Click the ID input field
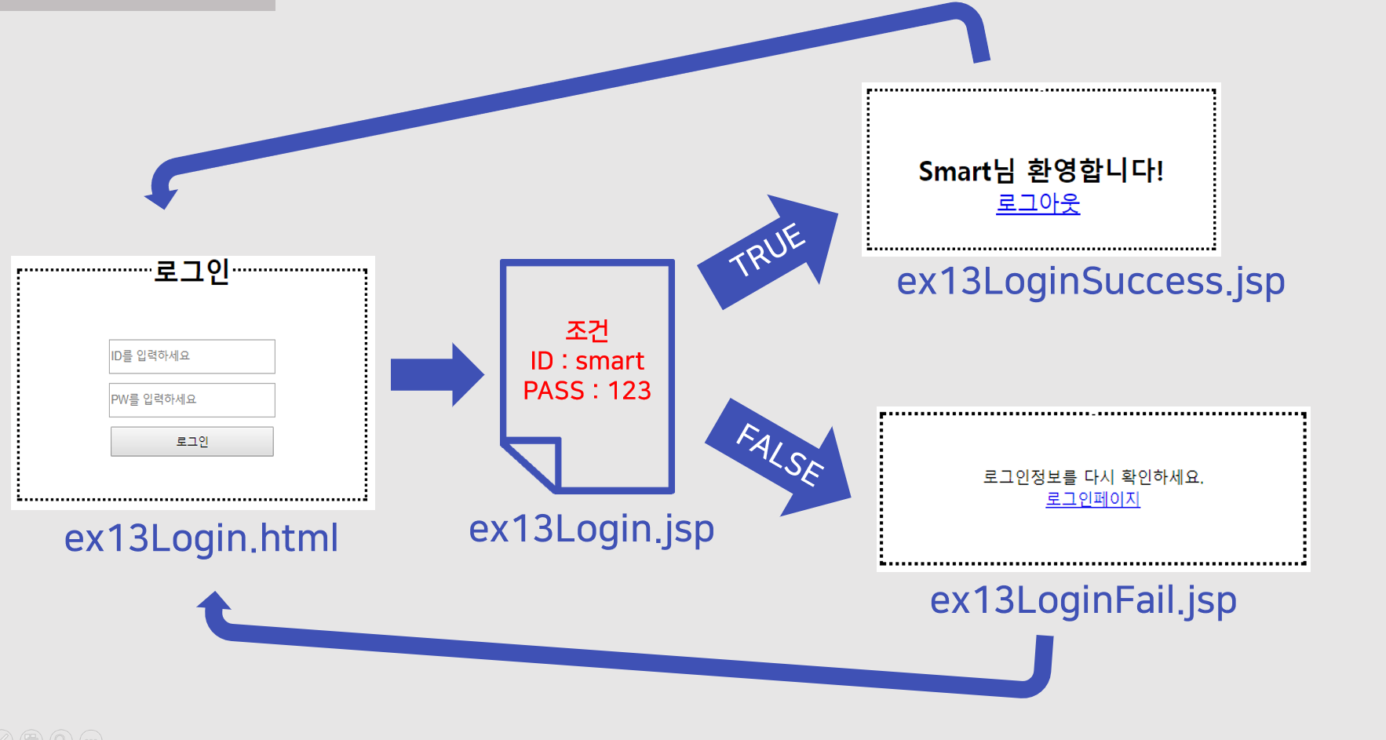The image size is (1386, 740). click(191, 356)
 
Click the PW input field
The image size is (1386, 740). click(191, 399)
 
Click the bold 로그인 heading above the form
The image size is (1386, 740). click(191, 272)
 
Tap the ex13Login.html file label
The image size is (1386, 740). click(201, 538)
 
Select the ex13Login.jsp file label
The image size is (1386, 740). click(591, 529)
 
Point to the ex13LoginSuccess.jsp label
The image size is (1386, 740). click(1090, 281)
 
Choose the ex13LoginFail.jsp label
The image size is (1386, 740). click(1083, 600)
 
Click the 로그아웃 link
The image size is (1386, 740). click(1038, 203)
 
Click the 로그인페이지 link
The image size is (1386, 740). click(1092, 499)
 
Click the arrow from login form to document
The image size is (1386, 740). click(436, 374)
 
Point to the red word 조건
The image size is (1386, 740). click(587, 330)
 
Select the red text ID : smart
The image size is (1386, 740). click(587, 361)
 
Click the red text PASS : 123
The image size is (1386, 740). click(587, 391)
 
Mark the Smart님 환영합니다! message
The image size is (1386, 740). click(1041, 170)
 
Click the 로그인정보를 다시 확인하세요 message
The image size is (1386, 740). click(1092, 476)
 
